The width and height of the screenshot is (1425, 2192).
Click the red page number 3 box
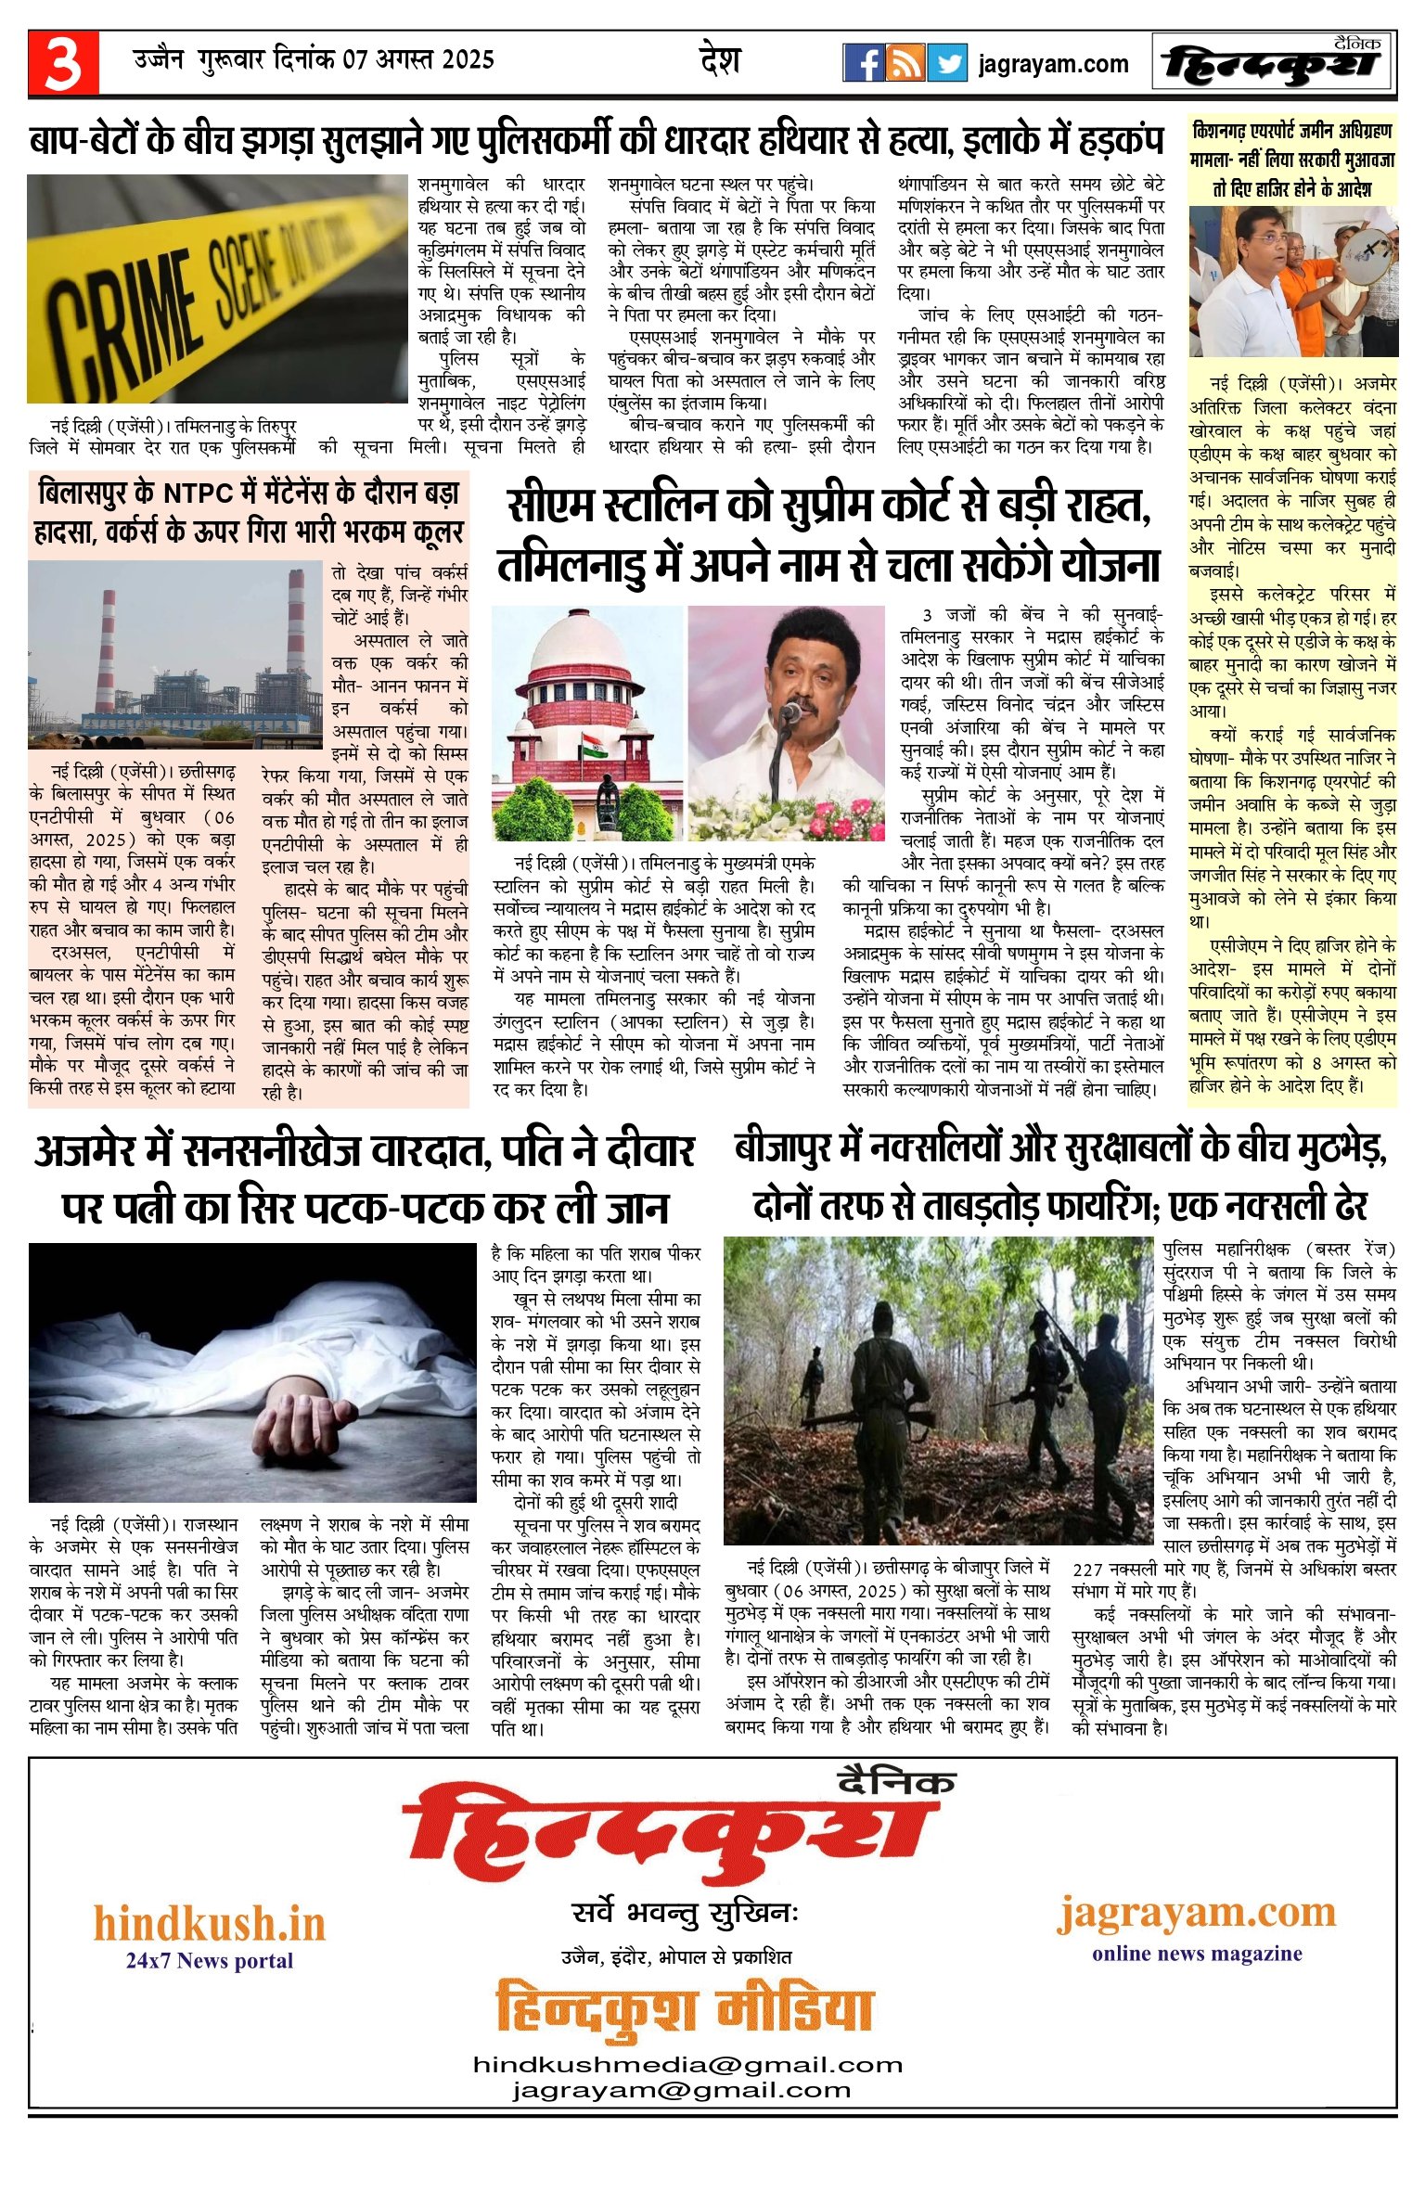click(63, 63)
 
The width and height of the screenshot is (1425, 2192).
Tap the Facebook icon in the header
click(864, 63)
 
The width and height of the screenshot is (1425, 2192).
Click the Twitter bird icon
click(946, 63)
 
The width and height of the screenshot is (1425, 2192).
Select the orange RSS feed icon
click(905, 63)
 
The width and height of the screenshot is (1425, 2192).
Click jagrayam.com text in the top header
click(1053, 64)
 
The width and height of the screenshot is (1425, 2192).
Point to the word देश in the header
click(720, 61)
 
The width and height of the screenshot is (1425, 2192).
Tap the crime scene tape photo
click(217, 288)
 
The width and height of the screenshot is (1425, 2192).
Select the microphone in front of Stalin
click(790, 711)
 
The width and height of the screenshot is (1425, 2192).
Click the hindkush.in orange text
click(210, 1925)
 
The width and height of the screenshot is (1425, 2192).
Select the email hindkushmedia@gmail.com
click(687, 2065)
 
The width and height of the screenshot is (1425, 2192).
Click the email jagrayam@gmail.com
click(681, 2090)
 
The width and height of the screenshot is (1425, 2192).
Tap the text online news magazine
click(1197, 1954)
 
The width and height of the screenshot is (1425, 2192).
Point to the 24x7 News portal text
click(210, 1960)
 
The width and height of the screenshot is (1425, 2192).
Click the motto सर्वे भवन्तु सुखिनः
click(685, 1915)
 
